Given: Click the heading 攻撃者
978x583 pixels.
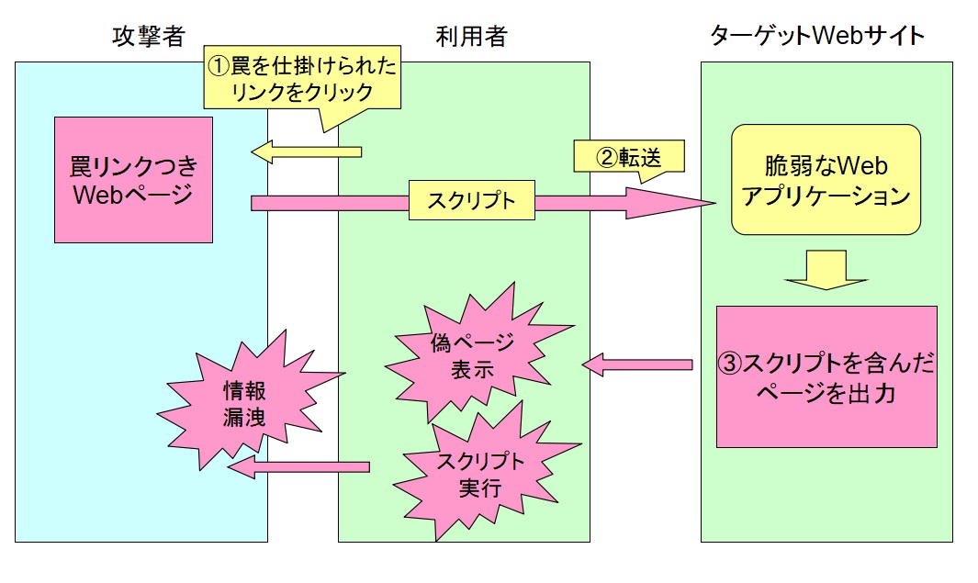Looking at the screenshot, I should coord(149,36).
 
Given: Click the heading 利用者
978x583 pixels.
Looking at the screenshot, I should coord(471,36).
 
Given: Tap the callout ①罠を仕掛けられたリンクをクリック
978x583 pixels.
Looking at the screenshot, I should coord(300,79).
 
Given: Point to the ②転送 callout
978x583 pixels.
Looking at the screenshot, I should coord(630,157).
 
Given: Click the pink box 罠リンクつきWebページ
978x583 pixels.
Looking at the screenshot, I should coord(133,180).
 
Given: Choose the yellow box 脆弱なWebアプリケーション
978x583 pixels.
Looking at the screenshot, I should coord(826,180).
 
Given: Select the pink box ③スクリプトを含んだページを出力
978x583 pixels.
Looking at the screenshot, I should coord(826,376).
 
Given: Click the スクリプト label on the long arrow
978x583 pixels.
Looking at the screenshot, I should coord(472,202).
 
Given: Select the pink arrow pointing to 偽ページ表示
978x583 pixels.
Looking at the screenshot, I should coord(637,364).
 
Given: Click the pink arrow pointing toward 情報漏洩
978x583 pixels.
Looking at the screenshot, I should coord(298,468).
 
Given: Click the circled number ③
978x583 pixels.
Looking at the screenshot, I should coord(729,364).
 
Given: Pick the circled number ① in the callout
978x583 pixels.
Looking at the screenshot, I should coord(218,66).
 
